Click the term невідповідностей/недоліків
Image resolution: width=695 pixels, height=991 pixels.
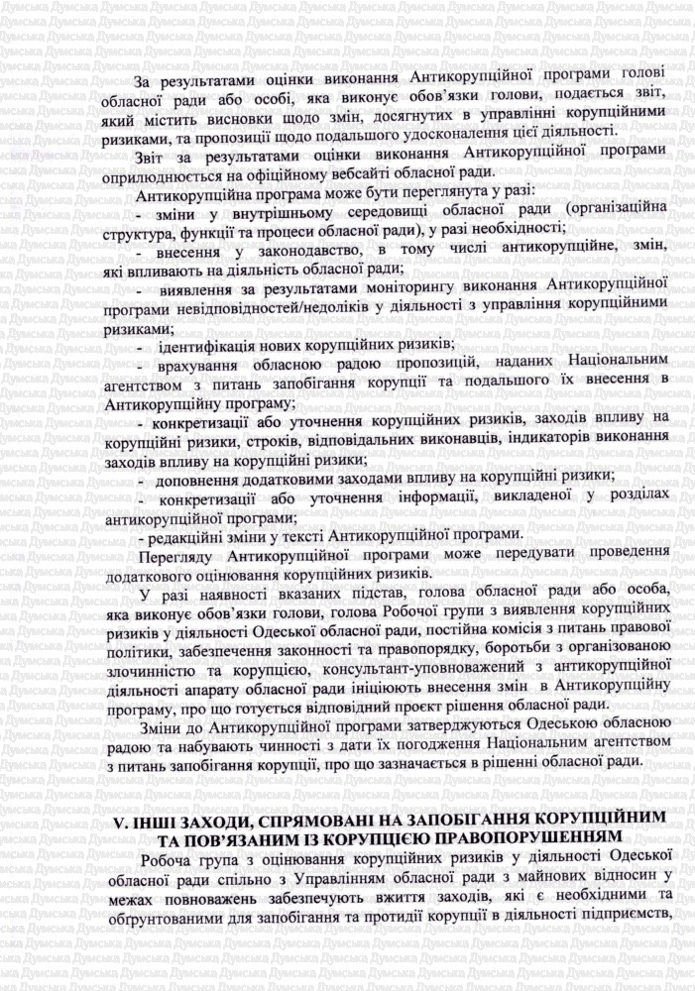(x=266, y=307)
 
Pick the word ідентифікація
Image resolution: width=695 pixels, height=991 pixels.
(x=214, y=344)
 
